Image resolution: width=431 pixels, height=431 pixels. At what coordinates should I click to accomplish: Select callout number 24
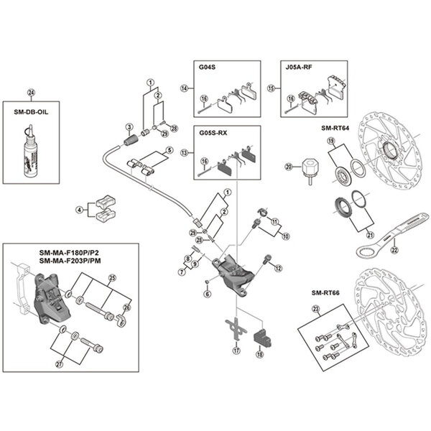click(30, 92)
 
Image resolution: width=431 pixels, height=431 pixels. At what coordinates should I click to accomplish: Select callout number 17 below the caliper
click(235, 351)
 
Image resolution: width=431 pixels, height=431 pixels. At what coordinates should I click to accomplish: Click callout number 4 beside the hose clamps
click(79, 210)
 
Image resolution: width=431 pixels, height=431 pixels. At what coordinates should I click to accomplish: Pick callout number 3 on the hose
click(131, 126)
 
